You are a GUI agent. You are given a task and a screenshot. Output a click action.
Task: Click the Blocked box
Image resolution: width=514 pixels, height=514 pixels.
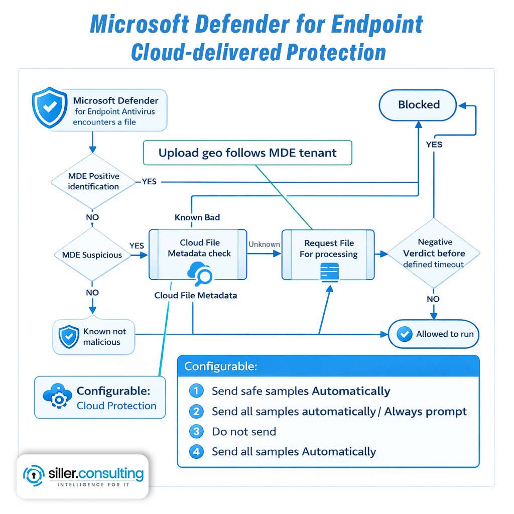(x=418, y=105)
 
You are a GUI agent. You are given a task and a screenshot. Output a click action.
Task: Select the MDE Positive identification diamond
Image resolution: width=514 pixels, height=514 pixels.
(x=93, y=181)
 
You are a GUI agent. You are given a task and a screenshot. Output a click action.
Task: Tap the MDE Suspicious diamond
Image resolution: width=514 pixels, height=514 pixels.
(x=92, y=255)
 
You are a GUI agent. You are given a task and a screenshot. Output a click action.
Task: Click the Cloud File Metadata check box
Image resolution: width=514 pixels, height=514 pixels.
(x=198, y=254)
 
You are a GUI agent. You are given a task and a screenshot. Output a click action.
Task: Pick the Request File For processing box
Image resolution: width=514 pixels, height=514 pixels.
(x=328, y=254)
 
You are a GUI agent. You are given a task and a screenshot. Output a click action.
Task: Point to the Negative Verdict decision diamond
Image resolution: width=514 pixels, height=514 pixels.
(x=434, y=253)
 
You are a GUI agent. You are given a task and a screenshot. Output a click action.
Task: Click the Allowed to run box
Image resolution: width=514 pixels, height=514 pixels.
(x=434, y=334)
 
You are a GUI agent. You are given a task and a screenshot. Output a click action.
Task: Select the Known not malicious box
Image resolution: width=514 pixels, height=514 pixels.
(x=94, y=337)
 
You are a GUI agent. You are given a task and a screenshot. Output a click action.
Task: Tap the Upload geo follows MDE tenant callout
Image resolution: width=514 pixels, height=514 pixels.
(x=247, y=153)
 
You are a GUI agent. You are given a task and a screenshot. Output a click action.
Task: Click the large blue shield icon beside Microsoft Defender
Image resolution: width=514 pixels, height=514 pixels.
(x=49, y=108)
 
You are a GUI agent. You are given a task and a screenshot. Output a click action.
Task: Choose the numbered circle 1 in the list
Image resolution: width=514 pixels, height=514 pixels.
(x=196, y=391)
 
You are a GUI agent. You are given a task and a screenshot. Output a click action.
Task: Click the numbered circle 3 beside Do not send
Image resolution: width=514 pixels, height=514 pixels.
(x=196, y=432)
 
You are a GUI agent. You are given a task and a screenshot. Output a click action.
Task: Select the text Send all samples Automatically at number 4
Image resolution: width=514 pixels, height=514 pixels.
(x=294, y=452)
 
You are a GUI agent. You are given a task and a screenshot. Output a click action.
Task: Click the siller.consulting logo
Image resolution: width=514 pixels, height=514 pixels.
(x=83, y=476)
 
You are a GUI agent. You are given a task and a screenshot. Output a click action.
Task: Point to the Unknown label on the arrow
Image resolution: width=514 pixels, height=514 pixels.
(x=264, y=244)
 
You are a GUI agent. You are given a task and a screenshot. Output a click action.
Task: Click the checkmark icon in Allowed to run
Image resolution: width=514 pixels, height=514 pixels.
(x=404, y=334)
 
